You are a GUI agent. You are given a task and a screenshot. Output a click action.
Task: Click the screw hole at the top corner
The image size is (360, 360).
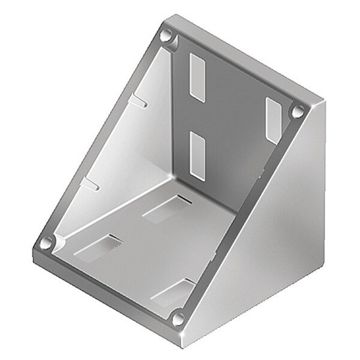click(166, 37)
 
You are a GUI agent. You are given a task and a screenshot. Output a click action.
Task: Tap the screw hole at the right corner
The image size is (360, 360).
click(298, 112)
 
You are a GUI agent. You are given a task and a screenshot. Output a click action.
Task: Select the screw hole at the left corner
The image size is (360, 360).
click(46, 243)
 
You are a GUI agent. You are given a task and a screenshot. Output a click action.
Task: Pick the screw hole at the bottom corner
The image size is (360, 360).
click(178, 318)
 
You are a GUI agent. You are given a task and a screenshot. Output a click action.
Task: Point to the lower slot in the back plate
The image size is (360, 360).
click(198, 156)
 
